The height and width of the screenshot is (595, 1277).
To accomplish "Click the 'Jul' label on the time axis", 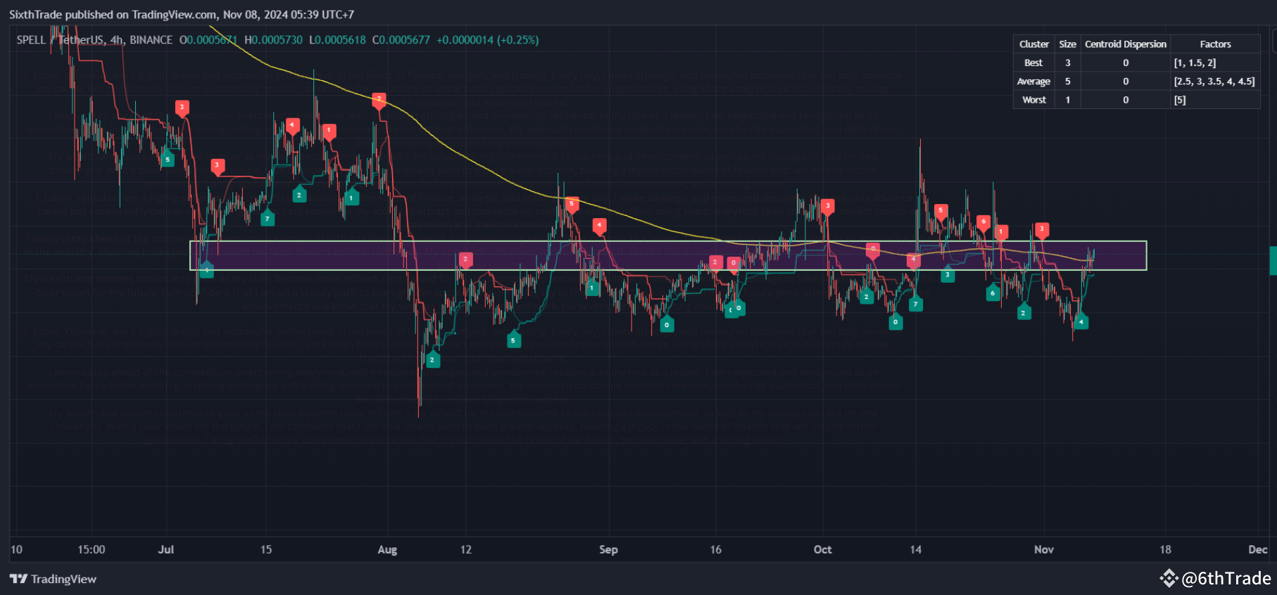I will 166,549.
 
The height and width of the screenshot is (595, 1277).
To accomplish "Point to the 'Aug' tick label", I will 387,549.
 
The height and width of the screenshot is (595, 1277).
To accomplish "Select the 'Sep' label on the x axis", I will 608,549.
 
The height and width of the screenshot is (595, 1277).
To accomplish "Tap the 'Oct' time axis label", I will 822,549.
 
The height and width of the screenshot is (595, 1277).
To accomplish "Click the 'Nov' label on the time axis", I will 1044,549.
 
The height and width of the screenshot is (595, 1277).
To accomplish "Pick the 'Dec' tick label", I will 1257,549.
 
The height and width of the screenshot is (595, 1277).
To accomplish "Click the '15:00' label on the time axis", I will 92,549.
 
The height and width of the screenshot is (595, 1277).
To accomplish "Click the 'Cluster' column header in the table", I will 1033,44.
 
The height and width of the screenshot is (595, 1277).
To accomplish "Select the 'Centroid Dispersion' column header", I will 1125,44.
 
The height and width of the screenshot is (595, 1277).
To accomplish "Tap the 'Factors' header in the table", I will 1215,44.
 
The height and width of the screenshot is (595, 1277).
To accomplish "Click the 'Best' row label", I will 1033,63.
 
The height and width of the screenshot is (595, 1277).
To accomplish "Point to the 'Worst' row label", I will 1033,100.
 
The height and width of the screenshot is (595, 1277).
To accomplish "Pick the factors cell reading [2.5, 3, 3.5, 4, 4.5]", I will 1214,82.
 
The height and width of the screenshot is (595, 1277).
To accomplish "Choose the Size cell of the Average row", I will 1067,82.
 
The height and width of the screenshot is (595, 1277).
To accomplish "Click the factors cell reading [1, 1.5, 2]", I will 1195,63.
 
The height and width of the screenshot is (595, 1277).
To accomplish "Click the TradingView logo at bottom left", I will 53,579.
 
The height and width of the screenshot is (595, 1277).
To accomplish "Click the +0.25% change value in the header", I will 518,40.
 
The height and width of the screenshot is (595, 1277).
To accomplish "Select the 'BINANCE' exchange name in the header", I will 151,40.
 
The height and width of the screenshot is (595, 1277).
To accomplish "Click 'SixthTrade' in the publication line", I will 36,14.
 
